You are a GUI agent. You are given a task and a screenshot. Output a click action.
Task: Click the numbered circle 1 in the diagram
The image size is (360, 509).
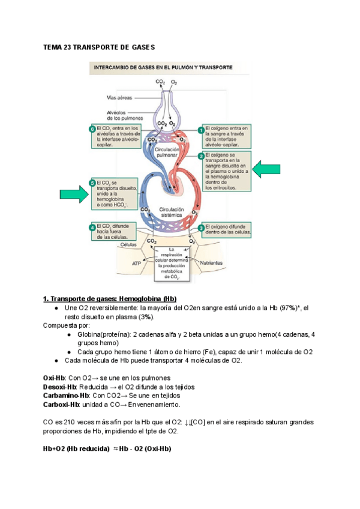click(201, 130)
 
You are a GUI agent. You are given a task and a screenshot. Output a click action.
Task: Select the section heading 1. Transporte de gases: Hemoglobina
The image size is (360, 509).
click(110, 299)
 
